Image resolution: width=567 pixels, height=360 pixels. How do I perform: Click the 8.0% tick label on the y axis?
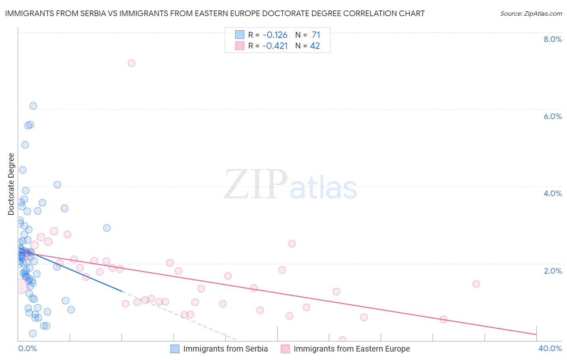552,39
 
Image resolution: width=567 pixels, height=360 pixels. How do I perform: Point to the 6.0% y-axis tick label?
552,116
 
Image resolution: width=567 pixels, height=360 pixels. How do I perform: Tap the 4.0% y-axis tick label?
552,193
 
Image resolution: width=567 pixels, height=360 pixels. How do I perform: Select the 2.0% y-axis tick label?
552,271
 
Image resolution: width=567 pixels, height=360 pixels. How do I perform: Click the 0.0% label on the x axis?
27,348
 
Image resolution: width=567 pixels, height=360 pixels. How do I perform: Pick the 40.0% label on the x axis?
550,348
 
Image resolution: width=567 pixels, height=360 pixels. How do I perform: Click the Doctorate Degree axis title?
11,184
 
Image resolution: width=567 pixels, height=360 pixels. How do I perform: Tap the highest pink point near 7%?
131,63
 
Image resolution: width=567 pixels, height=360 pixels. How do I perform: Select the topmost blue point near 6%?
33,106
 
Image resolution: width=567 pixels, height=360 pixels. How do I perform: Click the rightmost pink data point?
476,284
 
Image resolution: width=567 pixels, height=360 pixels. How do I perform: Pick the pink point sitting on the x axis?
343,340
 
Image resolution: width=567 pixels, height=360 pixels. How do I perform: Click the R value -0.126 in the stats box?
275,35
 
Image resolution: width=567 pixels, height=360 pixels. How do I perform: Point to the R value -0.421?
275,46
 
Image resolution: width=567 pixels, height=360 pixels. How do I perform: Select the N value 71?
316,35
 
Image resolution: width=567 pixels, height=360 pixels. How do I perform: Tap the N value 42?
315,46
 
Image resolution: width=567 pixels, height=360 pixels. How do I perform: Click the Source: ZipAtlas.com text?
531,14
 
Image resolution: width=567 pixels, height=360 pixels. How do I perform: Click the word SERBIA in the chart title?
93,14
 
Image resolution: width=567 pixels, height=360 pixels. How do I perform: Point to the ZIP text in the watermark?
256,184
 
